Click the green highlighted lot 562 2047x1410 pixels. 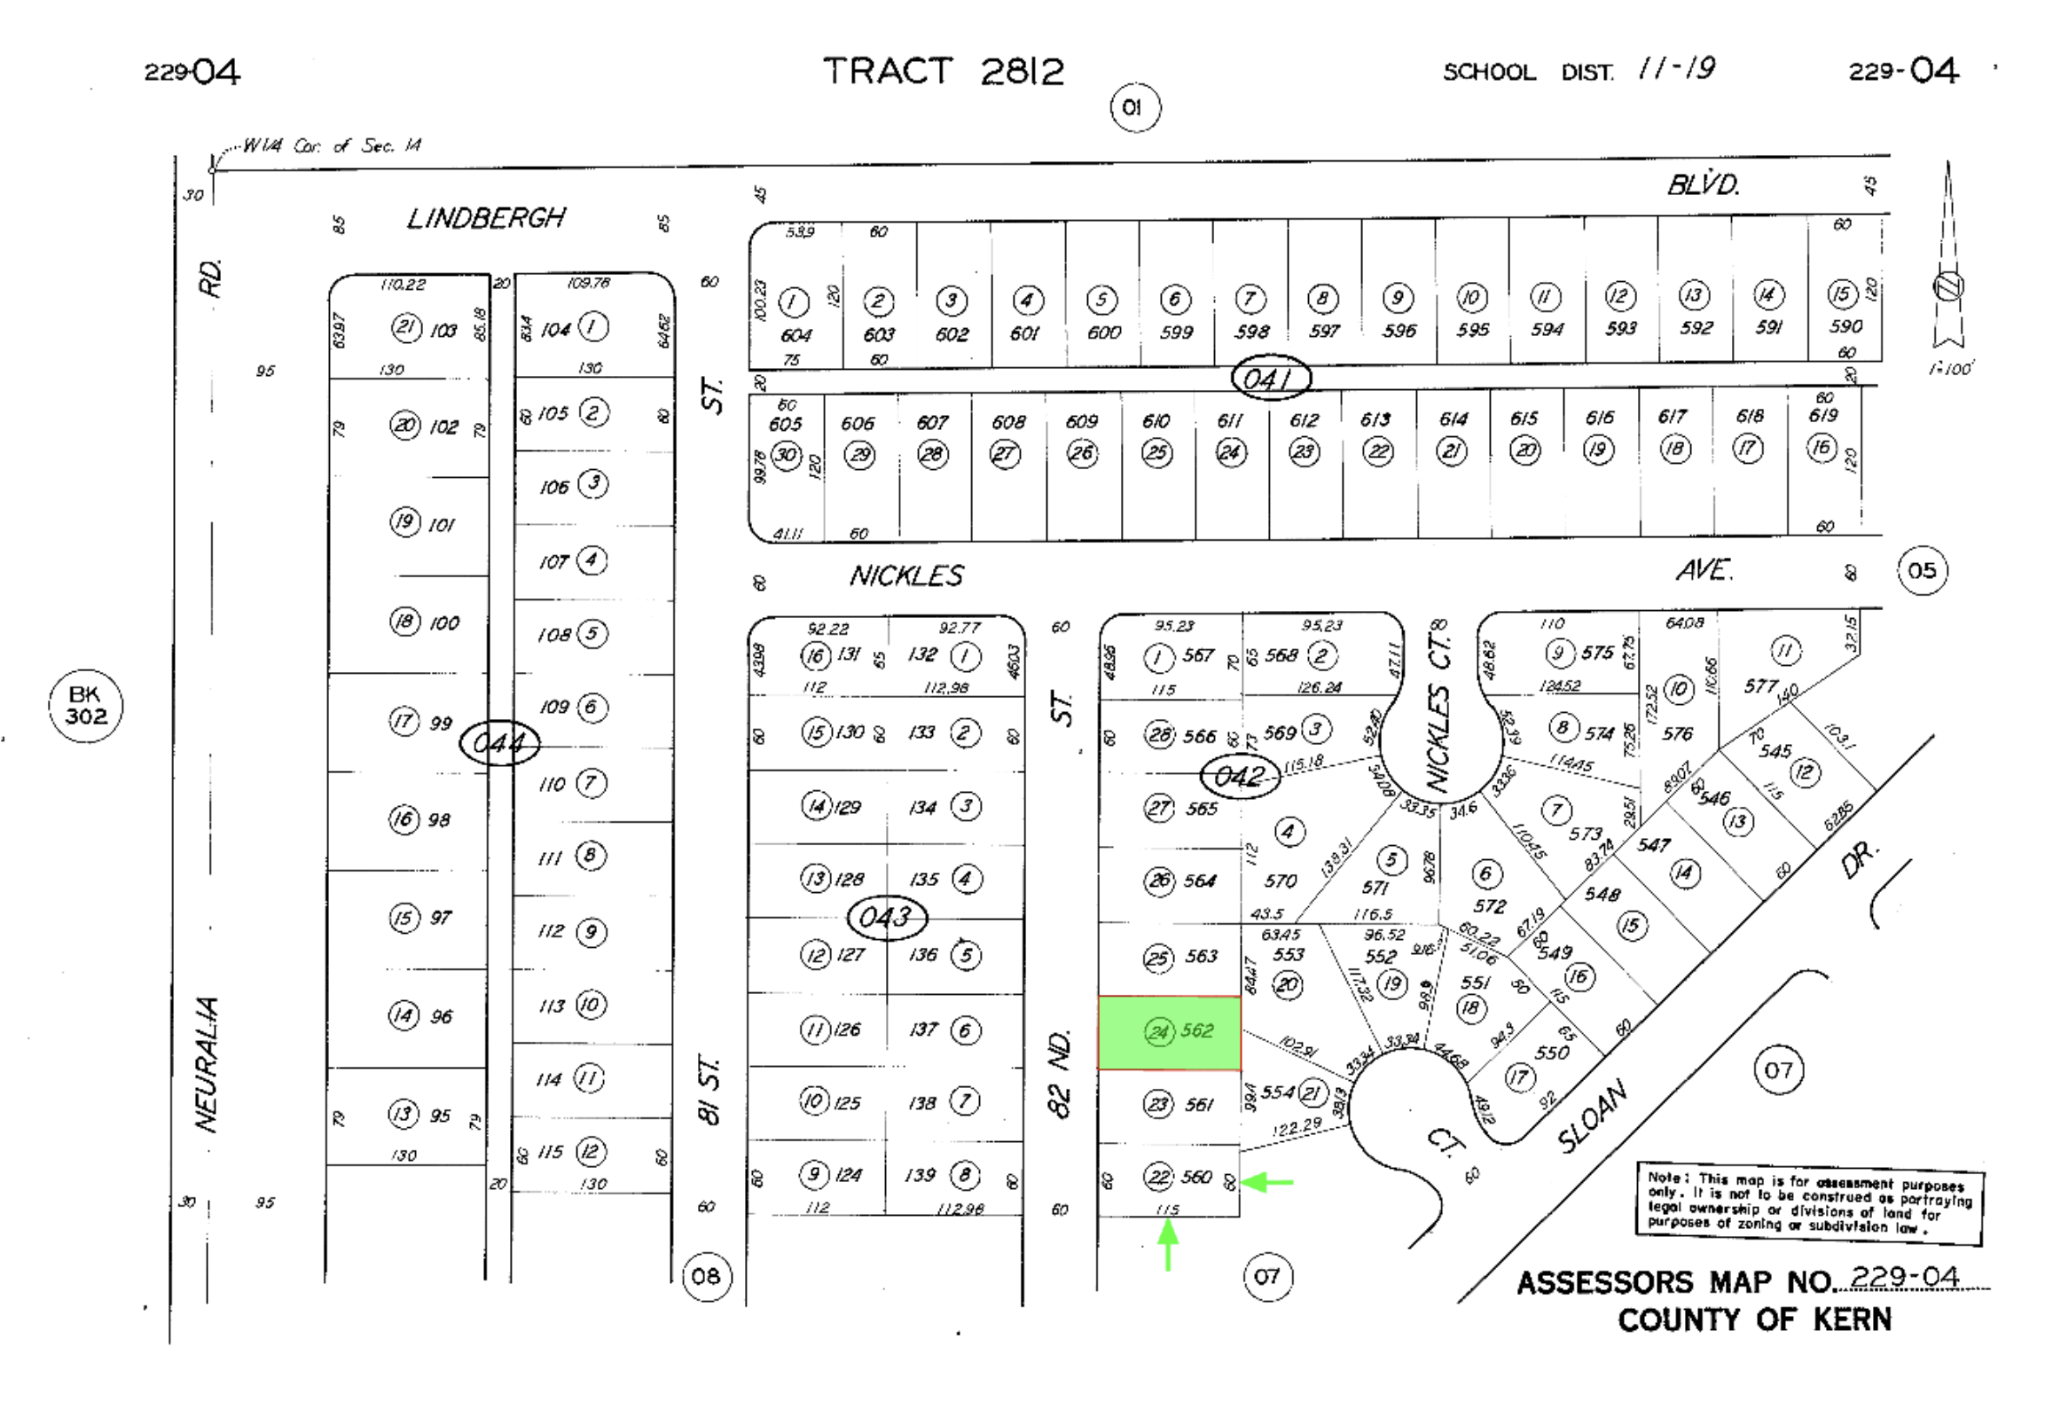click(1169, 1032)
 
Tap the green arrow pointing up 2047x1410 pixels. click(1168, 1244)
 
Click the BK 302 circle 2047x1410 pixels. click(85, 706)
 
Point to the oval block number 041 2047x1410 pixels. click(1271, 379)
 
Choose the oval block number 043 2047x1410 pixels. click(886, 917)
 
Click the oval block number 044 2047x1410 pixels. click(500, 743)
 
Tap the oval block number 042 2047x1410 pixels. click(1239, 776)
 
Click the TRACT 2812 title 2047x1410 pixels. click(943, 71)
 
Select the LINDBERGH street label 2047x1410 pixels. click(486, 218)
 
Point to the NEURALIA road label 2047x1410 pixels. click(207, 1064)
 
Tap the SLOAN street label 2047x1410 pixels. click(1593, 1117)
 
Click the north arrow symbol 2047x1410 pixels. click(1949, 265)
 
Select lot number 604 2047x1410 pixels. click(796, 336)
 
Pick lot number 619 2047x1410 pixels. click(1822, 415)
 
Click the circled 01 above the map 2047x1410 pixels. click(1135, 108)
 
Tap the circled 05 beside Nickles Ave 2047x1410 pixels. click(1923, 571)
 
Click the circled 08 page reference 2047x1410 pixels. click(707, 1276)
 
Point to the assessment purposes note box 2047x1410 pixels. click(1809, 1202)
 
